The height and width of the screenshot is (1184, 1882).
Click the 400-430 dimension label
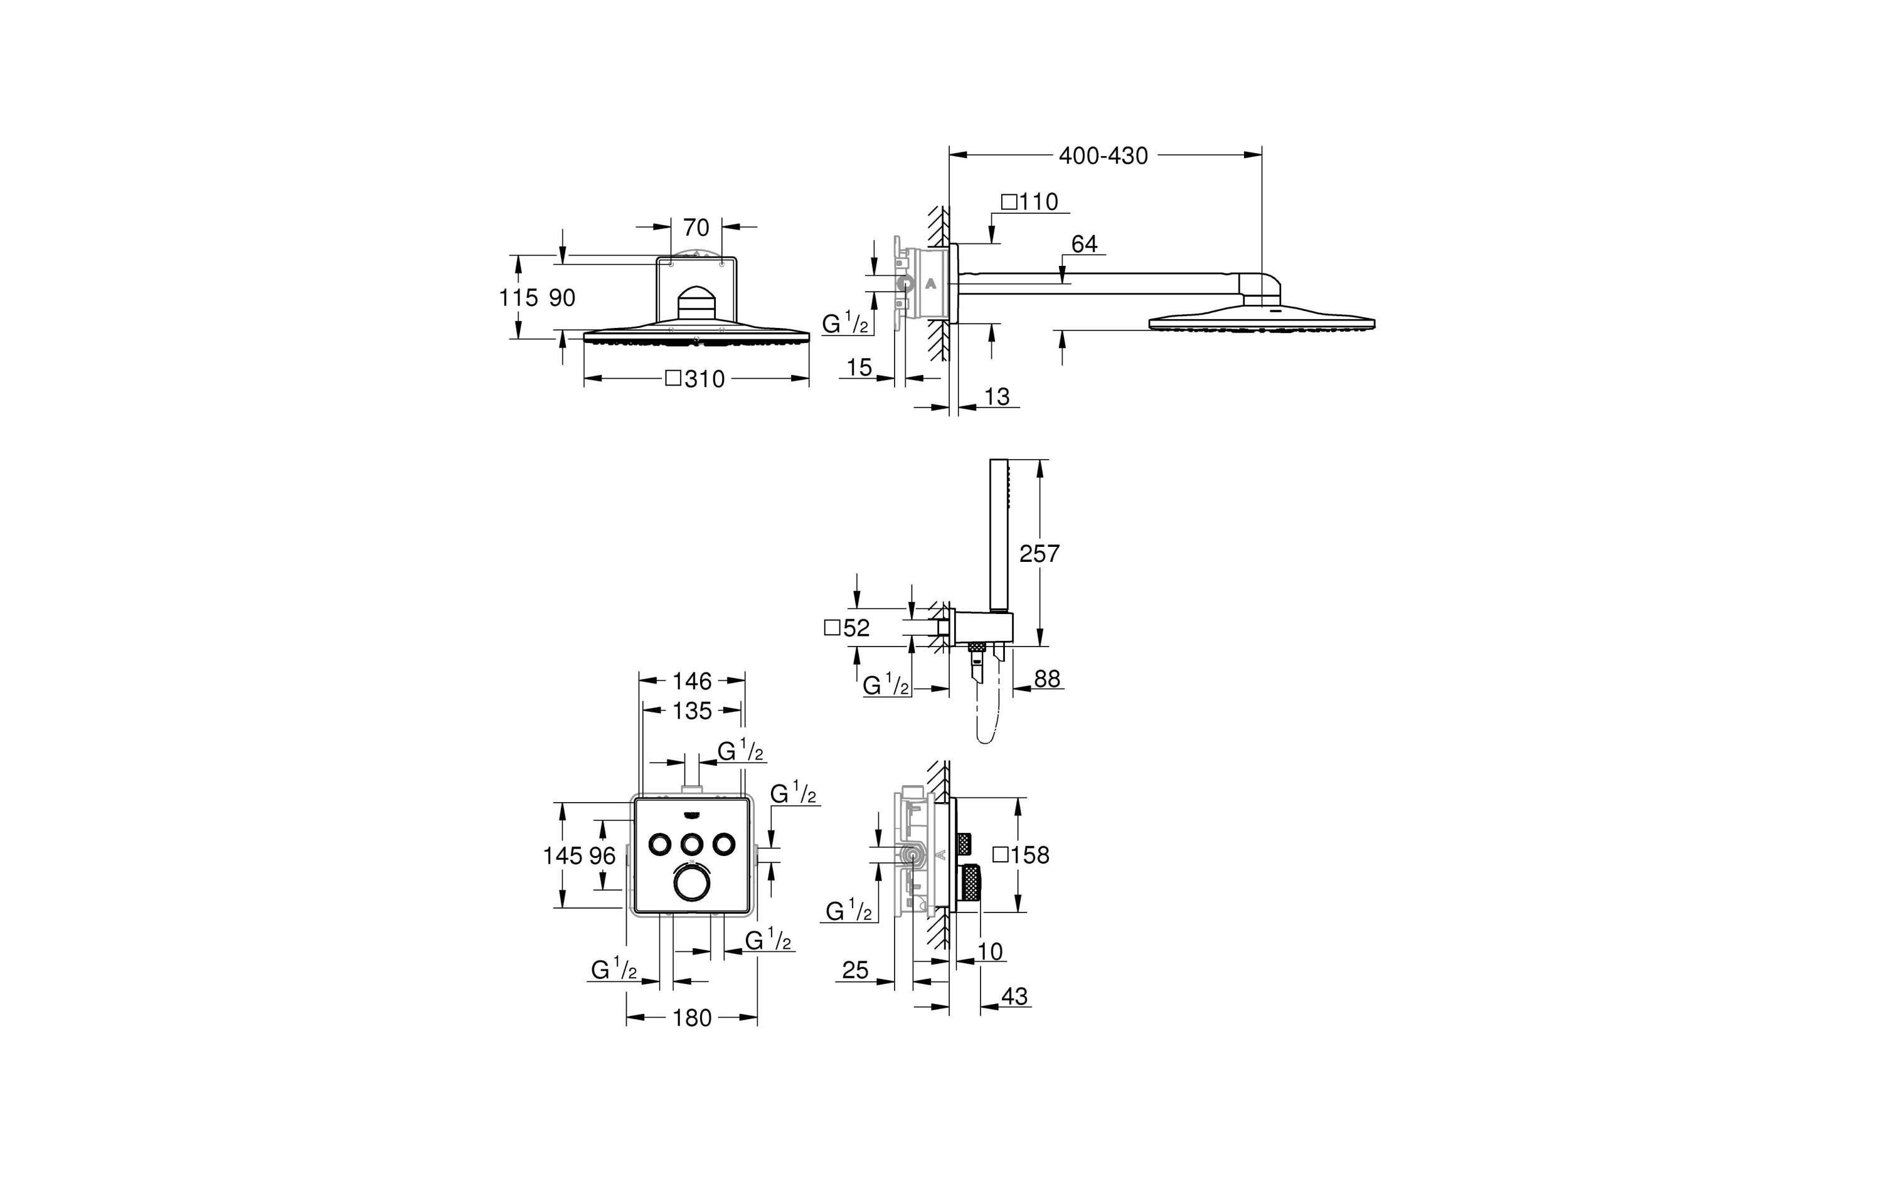pyautogui.click(x=1103, y=156)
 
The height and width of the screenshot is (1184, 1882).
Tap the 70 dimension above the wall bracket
pyautogui.click(x=696, y=228)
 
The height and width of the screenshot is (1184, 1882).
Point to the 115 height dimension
pyautogui.click(x=518, y=298)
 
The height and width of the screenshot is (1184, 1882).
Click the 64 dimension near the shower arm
pyautogui.click(x=1084, y=245)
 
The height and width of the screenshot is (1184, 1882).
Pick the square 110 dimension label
pyautogui.click(x=1029, y=203)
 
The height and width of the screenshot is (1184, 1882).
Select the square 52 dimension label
pyautogui.click(x=846, y=628)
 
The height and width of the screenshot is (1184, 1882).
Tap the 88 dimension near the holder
pyautogui.click(x=1046, y=679)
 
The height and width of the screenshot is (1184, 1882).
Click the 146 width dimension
pyautogui.click(x=692, y=682)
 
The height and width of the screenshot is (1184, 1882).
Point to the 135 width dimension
pyautogui.click(x=692, y=711)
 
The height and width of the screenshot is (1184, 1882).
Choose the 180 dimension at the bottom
pyautogui.click(x=692, y=1018)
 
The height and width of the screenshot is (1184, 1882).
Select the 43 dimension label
pyautogui.click(x=1014, y=996)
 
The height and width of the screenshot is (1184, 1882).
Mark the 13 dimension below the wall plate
pyautogui.click(x=996, y=397)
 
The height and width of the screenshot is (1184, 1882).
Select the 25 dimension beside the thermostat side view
pyautogui.click(x=855, y=971)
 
